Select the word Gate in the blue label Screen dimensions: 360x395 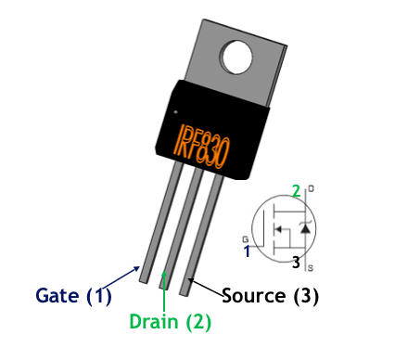[x=58, y=296]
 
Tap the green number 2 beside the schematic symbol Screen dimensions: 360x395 [x=296, y=191]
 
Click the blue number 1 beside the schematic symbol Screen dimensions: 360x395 [x=247, y=251]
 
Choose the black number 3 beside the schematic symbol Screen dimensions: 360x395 [x=295, y=263]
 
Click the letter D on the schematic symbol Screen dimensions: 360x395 [x=309, y=189]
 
